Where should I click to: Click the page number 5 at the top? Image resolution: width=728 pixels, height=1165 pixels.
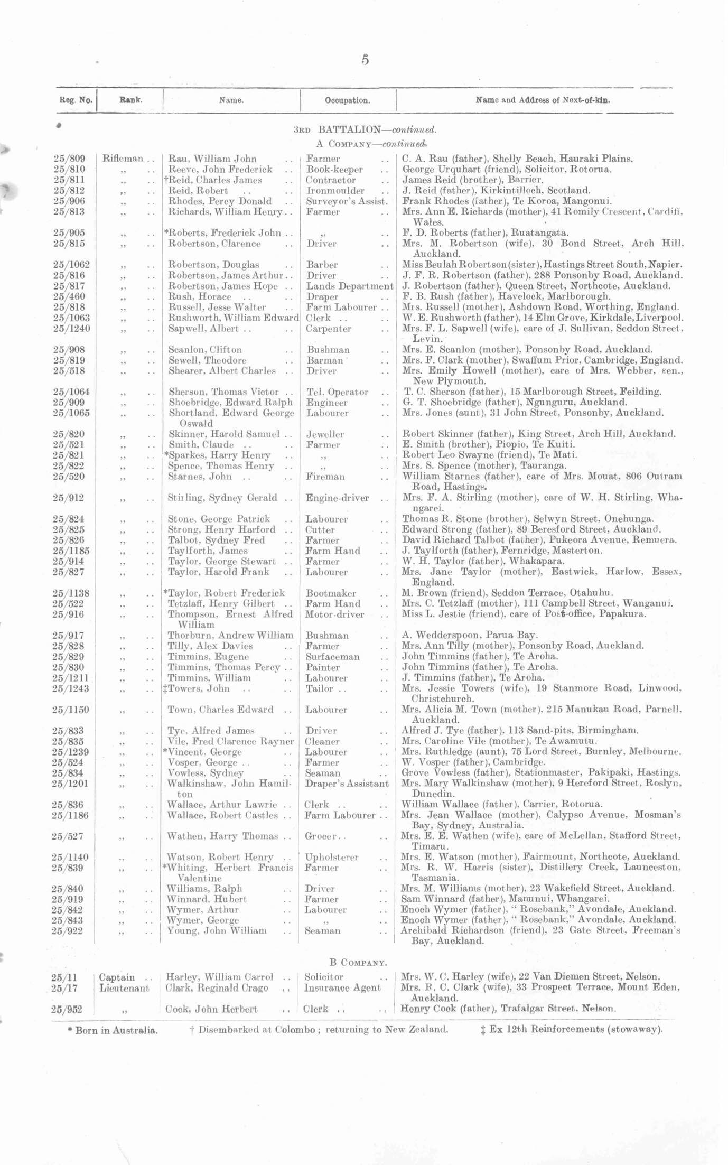point(365,60)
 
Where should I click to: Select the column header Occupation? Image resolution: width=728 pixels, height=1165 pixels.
point(347,100)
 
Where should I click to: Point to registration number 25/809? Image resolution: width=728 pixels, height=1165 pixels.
point(69,159)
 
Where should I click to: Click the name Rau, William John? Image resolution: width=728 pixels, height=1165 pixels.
point(212,159)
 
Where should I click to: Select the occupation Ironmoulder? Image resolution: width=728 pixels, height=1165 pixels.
point(335,190)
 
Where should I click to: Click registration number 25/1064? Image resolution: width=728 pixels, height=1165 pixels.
point(71,392)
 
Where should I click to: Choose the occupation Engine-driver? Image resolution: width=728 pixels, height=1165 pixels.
point(338,498)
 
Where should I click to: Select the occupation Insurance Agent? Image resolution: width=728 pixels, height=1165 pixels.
point(342,988)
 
